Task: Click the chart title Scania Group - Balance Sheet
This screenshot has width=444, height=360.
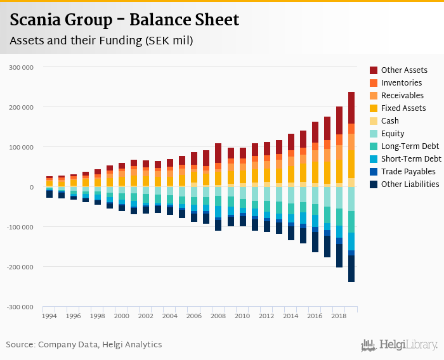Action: (x=124, y=20)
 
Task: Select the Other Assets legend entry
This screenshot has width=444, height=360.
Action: (x=403, y=70)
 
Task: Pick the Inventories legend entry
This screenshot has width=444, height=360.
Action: (x=401, y=83)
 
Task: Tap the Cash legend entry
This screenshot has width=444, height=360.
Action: (x=389, y=121)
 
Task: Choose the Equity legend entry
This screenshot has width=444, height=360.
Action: (x=392, y=134)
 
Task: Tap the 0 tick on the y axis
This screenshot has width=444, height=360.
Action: (x=30, y=187)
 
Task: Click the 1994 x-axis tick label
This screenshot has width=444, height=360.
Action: (x=49, y=316)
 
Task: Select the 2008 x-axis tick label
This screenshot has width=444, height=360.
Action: (x=218, y=316)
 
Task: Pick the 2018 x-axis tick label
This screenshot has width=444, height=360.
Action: (x=339, y=316)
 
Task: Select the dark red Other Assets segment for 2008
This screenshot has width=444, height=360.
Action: (x=218, y=153)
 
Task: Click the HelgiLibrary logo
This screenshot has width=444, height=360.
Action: (x=399, y=345)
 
